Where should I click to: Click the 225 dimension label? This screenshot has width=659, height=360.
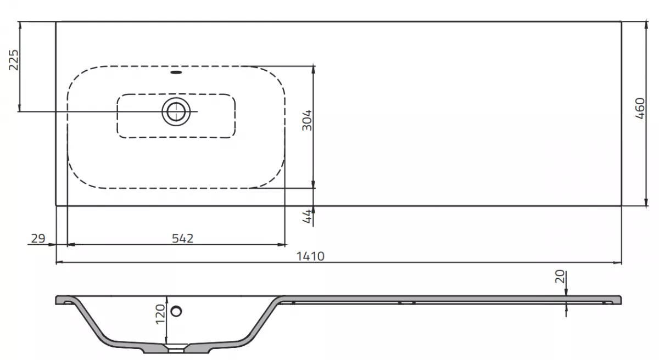14,60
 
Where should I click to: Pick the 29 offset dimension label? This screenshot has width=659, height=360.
37,238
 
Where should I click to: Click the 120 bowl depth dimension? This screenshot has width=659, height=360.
160,316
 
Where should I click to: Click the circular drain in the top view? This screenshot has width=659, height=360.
176,111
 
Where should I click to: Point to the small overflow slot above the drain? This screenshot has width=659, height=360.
176,71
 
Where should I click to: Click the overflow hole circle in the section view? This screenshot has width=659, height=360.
176,311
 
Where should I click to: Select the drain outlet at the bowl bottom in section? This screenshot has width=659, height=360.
176,347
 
